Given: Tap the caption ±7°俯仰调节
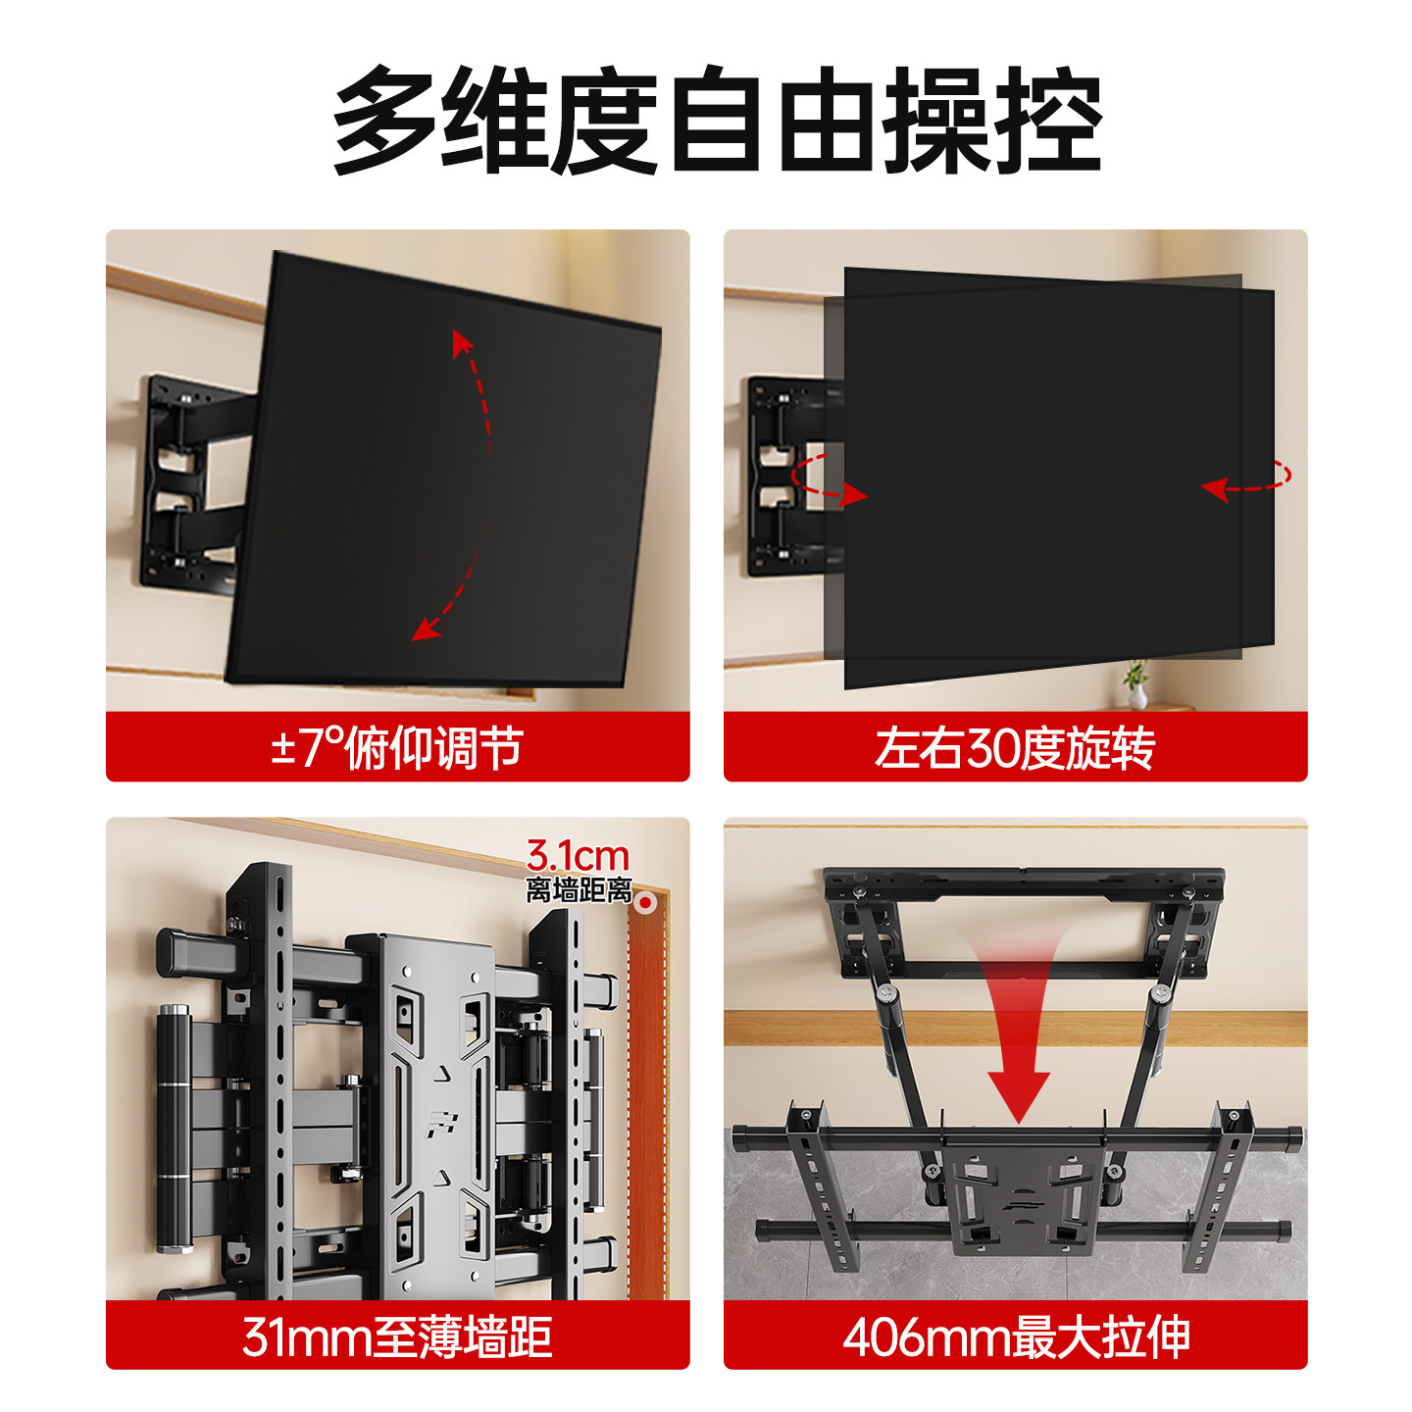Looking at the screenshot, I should [396, 748].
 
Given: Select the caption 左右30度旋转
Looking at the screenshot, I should [1015, 748].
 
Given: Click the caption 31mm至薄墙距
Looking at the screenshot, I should [396, 1336].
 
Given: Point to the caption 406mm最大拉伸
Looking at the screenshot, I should [1015, 1336].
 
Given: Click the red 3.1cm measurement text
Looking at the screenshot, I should [578, 856].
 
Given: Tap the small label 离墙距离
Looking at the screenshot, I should [579, 890].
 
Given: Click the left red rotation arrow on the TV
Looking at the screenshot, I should [829, 480].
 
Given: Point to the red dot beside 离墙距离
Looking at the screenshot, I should [646, 900].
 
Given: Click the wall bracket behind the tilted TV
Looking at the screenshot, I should [186, 480].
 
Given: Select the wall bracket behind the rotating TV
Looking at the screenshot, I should [784, 476].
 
